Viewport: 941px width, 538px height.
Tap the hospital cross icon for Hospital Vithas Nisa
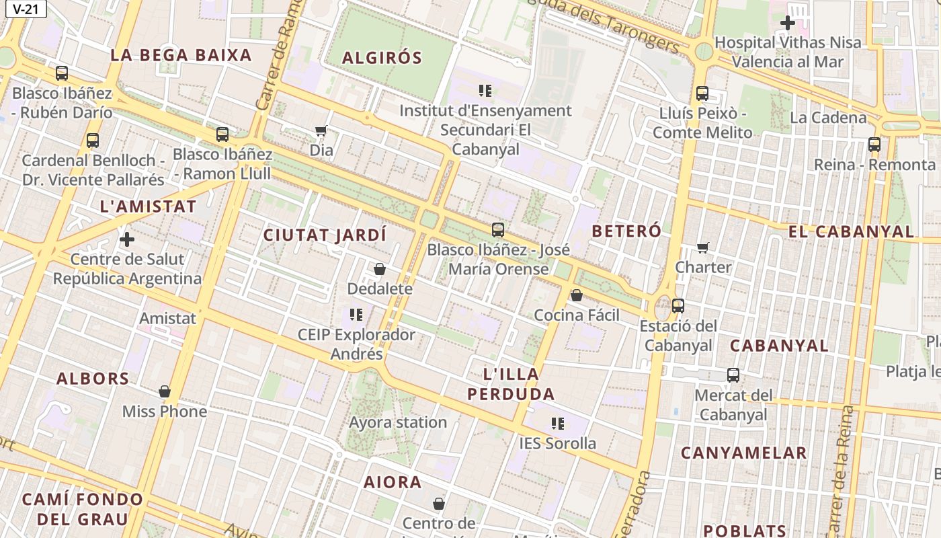[787, 23]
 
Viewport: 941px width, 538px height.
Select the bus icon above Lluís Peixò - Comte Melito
[702, 93]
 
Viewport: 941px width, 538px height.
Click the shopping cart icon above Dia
[321, 131]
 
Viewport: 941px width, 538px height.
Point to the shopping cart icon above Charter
[703, 248]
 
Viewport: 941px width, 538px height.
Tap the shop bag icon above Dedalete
[380, 270]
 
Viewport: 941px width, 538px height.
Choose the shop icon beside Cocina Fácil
[576, 295]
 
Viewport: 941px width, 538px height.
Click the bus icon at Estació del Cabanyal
[678, 306]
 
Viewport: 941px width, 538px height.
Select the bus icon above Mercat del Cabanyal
[733, 375]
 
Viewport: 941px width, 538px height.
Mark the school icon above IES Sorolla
[558, 424]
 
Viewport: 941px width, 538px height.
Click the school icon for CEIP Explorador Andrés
[356, 314]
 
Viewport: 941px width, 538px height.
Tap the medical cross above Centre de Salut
[127, 239]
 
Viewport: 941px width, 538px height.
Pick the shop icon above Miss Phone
[165, 391]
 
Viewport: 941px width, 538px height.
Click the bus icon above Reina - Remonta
[874, 144]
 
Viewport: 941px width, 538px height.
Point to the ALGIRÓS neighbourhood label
[382, 58]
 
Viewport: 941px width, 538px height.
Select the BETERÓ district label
[626, 231]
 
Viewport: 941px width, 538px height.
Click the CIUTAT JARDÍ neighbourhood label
[325, 235]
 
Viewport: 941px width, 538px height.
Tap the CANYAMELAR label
[743, 453]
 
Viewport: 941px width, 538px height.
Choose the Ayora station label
[398, 422]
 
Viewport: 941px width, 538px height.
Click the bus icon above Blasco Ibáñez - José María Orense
[498, 230]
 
